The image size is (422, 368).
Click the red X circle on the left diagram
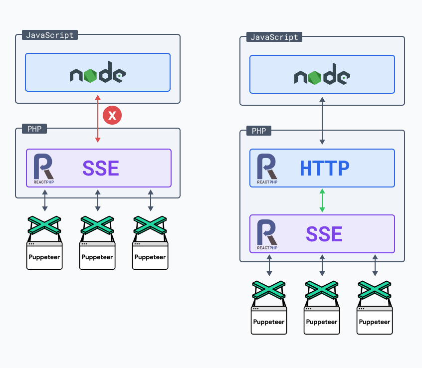pyautogui.click(x=112, y=116)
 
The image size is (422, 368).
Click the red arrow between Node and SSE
pyautogui.click(x=98, y=130)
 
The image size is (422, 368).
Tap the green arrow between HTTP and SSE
pyautogui.click(x=322, y=200)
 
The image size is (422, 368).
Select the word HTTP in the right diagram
pyautogui.click(x=325, y=169)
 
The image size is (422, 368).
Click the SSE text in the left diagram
pyautogui.click(x=101, y=169)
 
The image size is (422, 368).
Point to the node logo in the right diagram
pyautogui.click(x=322, y=76)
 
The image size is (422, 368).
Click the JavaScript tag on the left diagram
pyautogui.click(x=50, y=35)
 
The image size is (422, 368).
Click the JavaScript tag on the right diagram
pyautogui.click(x=274, y=37)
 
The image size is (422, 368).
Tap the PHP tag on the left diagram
pyautogui.click(x=34, y=129)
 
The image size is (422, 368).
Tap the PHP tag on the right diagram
pyautogui.click(x=258, y=131)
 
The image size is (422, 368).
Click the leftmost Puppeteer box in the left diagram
pyautogui.click(x=44, y=256)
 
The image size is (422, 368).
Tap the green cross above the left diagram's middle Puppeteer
pyautogui.click(x=97, y=225)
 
